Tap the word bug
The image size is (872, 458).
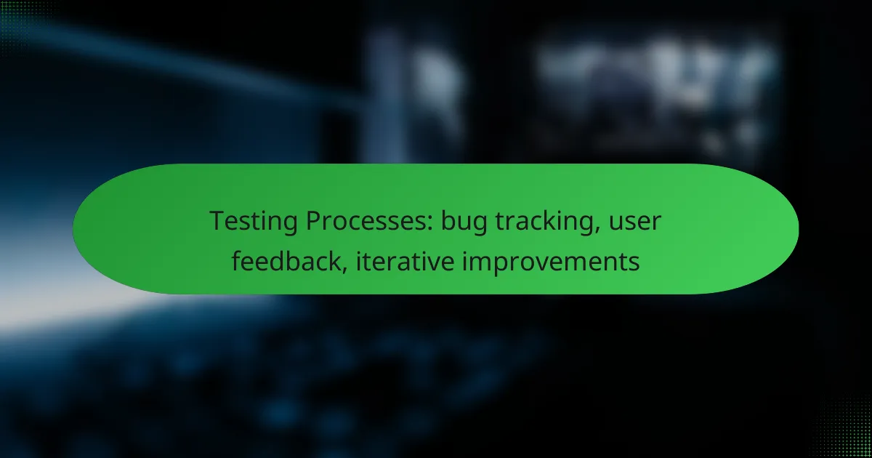(x=464, y=222)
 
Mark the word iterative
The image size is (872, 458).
(x=405, y=260)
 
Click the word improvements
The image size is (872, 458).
(x=551, y=262)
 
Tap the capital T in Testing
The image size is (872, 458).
(x=219, y=221)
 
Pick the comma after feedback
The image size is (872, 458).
(x=344, y=270)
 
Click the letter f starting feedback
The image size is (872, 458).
(x=238, y=260)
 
